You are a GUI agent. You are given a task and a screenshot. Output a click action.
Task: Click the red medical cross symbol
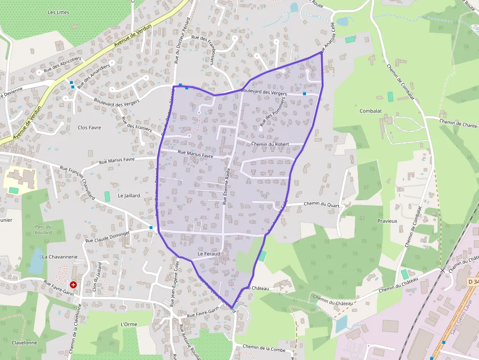[x=73, y=284]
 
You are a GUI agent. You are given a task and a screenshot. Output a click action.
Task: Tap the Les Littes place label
[x=59, y=12]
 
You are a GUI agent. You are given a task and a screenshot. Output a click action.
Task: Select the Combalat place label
[x=370, y=111]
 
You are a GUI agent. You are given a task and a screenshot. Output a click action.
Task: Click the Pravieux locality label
[x=387, y=221]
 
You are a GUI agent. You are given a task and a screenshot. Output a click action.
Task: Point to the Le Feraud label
[x=209, y=254]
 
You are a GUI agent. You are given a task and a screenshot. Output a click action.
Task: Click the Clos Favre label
[x=89, y=127]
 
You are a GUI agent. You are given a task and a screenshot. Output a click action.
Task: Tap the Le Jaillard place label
[x=129, y=195]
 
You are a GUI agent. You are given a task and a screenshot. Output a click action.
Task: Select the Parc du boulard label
[x=44, y=229]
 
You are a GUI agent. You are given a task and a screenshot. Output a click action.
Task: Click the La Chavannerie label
[x=60, y=256]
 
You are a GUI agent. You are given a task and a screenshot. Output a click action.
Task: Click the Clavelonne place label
[x=24, y=342]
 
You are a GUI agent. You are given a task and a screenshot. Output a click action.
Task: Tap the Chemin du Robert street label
[x=270, y=144]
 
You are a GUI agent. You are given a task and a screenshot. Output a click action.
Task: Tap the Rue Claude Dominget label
[x=108, y=237]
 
